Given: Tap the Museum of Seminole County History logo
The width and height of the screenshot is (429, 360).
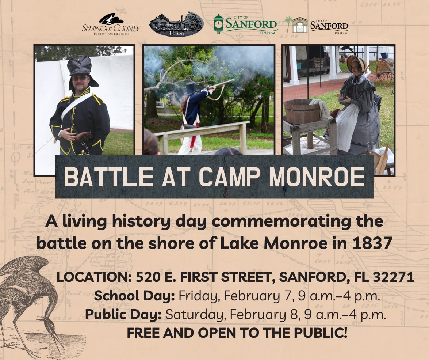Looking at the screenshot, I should pos(176,24).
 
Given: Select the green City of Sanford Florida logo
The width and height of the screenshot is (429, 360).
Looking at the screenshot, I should pos(245,24).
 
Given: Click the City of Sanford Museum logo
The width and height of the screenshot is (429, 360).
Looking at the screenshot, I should pos(317,25).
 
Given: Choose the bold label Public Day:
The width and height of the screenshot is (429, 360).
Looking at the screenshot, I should pos(123,314).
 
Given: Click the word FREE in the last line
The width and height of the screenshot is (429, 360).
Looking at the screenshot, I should pos(142,333).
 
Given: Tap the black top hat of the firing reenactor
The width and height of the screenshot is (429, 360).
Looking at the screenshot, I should pos(191,88).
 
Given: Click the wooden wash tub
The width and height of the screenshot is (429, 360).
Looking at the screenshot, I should pos(302,111).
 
